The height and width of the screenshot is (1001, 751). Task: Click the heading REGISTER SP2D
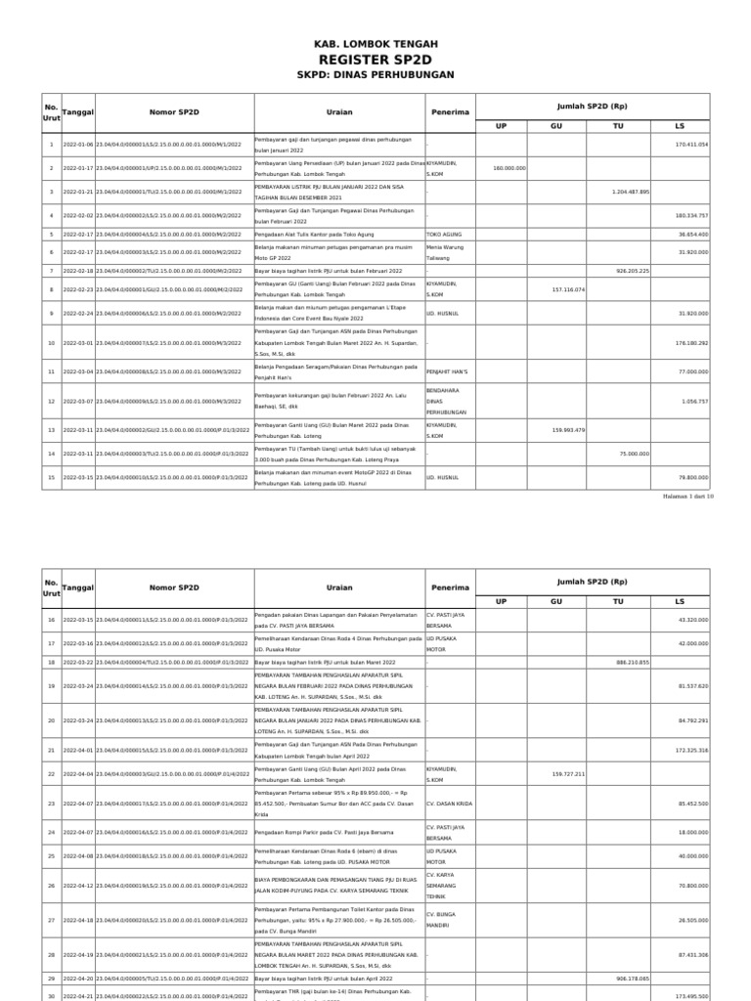375,60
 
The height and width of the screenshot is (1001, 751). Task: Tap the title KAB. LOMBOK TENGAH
375,44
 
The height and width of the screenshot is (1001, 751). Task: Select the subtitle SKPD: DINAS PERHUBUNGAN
375,75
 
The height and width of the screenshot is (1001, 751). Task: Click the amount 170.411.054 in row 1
691,145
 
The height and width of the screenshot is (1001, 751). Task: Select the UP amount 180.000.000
509,168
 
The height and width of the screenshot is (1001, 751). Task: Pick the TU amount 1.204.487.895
630,192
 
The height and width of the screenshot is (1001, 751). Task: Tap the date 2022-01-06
78,145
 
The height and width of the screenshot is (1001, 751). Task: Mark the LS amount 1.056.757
695,401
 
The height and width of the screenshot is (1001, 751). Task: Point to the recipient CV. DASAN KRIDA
449,803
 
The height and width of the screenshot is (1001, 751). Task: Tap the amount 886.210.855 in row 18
632,663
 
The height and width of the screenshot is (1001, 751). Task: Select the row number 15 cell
51,477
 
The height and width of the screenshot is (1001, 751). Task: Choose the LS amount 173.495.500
691,995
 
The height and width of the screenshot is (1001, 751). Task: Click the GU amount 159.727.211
567,773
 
